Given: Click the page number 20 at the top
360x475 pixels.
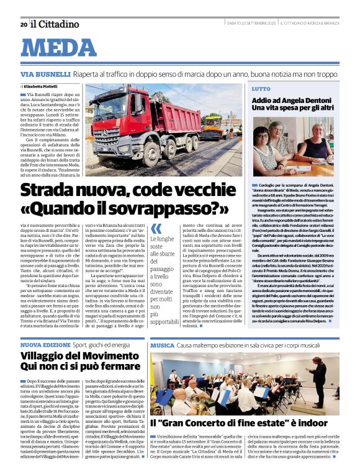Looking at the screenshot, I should [23, 24].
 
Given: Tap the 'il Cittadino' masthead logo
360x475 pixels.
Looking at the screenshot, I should [56, 24].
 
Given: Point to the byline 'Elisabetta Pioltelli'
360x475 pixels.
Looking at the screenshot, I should [44, 86].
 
